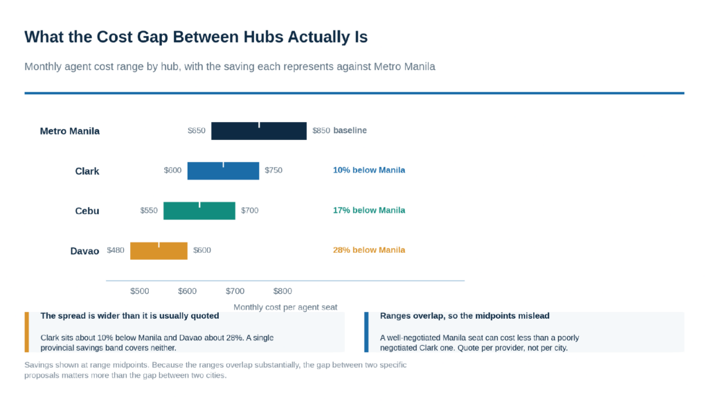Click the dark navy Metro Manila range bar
[259, 131]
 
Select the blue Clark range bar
[224, 170]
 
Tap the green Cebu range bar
[199, 211]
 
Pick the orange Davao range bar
[159, 251]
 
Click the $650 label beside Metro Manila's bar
[196, 131]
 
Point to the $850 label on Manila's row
[321, 131]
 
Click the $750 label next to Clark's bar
[273, 170]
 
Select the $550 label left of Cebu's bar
[149, 211]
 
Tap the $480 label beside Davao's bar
[116, 250]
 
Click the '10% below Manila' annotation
[369, 170]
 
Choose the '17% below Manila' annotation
[369, 211]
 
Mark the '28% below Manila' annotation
[369, 250]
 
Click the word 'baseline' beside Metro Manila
[350, 130]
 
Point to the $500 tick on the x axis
[140, 291]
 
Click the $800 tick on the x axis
[282, 291]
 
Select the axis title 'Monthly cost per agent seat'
[285, 307]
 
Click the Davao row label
[84, 251]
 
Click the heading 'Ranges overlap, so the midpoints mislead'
[465, 316]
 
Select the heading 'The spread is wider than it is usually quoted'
[129, 316]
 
